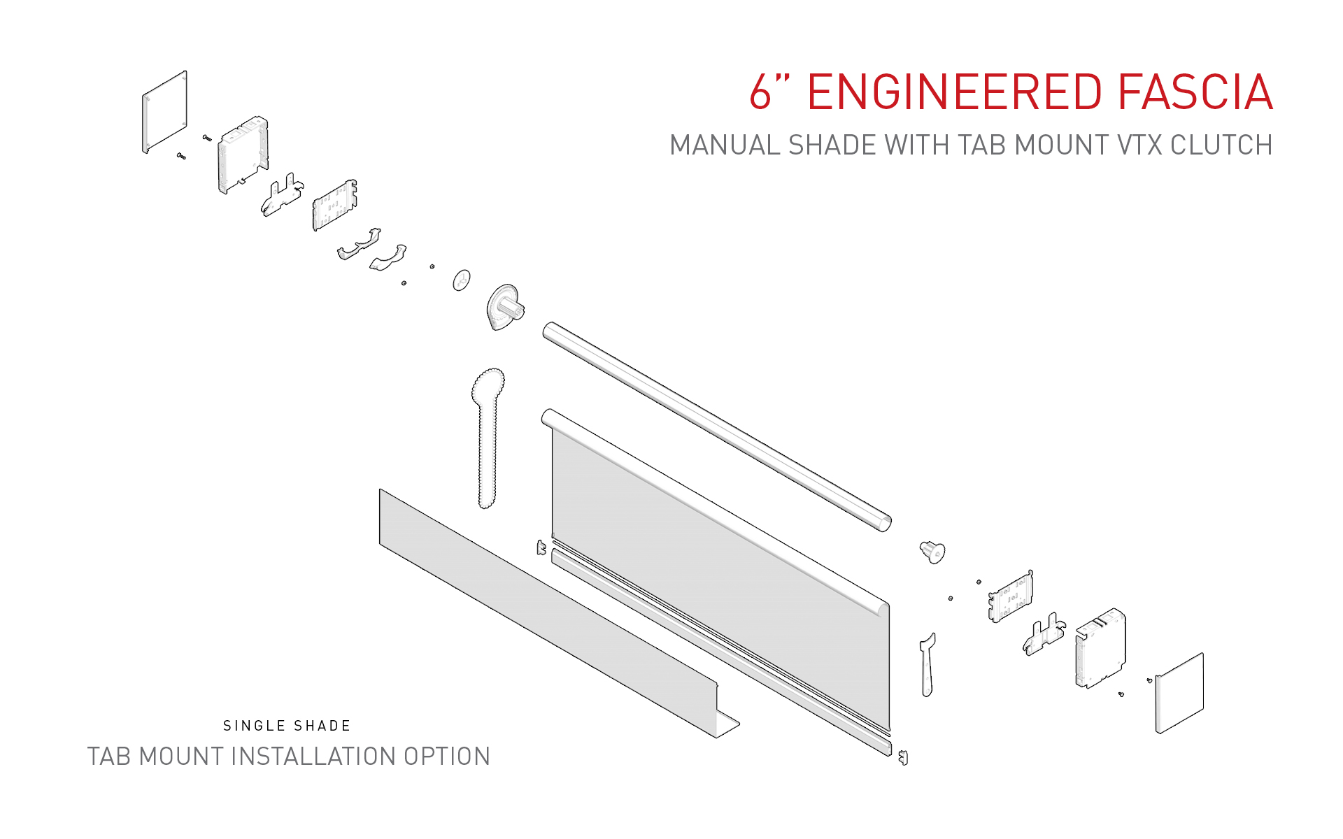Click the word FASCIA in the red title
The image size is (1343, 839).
coord(1195,92)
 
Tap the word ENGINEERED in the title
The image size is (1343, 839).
coord(955,92)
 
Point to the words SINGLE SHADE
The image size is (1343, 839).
coord(287,726)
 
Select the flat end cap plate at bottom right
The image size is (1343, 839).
coord(1180,693)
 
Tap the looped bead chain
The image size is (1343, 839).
coord(488,433)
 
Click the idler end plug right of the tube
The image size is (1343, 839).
coord(932,552)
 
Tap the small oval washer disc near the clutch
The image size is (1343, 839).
coord(462,280)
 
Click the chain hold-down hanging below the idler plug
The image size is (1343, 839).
coord(928,664)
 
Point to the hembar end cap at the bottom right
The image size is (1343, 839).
coord(903,757)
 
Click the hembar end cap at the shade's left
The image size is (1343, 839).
coord(541,547)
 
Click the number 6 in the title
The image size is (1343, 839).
coord(760,92)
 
